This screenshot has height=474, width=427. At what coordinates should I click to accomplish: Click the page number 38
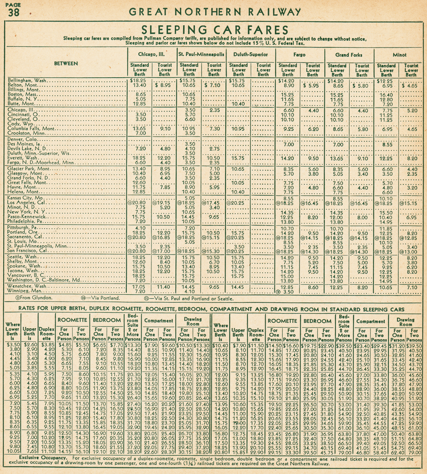(13, 13)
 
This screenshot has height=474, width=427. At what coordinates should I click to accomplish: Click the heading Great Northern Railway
(215, 12)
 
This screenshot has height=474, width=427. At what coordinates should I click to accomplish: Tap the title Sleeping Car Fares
(215, 30)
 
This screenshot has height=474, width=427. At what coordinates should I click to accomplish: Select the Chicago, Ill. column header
(151, 55)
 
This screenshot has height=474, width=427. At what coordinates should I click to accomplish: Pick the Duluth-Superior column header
(251, 55)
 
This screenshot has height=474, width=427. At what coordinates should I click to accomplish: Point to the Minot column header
(399, 55)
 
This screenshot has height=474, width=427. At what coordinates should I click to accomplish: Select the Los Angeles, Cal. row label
(26, 203)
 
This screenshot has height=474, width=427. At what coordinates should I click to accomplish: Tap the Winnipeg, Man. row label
(25, 291)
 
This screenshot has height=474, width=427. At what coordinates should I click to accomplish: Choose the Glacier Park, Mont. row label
(29, 169)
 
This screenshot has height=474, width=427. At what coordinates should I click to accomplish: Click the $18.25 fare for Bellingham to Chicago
(138, 81)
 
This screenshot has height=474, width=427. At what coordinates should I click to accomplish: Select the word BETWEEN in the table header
(66, 63)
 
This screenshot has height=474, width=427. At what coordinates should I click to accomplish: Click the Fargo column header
(299, 55)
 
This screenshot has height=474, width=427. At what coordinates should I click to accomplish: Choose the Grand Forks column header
(349, 55)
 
